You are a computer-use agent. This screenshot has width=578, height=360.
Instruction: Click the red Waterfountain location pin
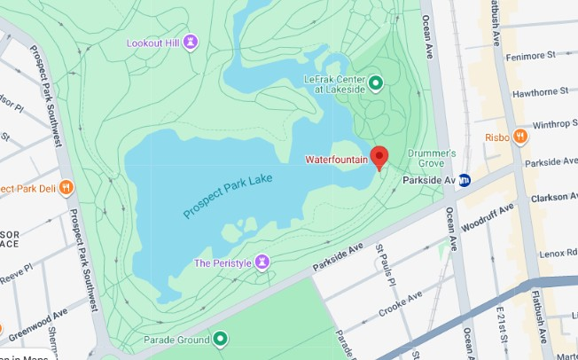point(379,157)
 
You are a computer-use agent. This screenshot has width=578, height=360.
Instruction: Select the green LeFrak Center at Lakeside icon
point(375,84)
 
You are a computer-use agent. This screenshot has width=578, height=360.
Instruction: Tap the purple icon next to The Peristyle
point(262,262)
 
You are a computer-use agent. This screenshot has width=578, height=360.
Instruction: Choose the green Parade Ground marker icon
point(219,339)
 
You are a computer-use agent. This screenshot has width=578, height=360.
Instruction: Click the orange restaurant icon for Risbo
point(520,137)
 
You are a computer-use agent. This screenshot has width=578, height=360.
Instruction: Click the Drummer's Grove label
point(432,158)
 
